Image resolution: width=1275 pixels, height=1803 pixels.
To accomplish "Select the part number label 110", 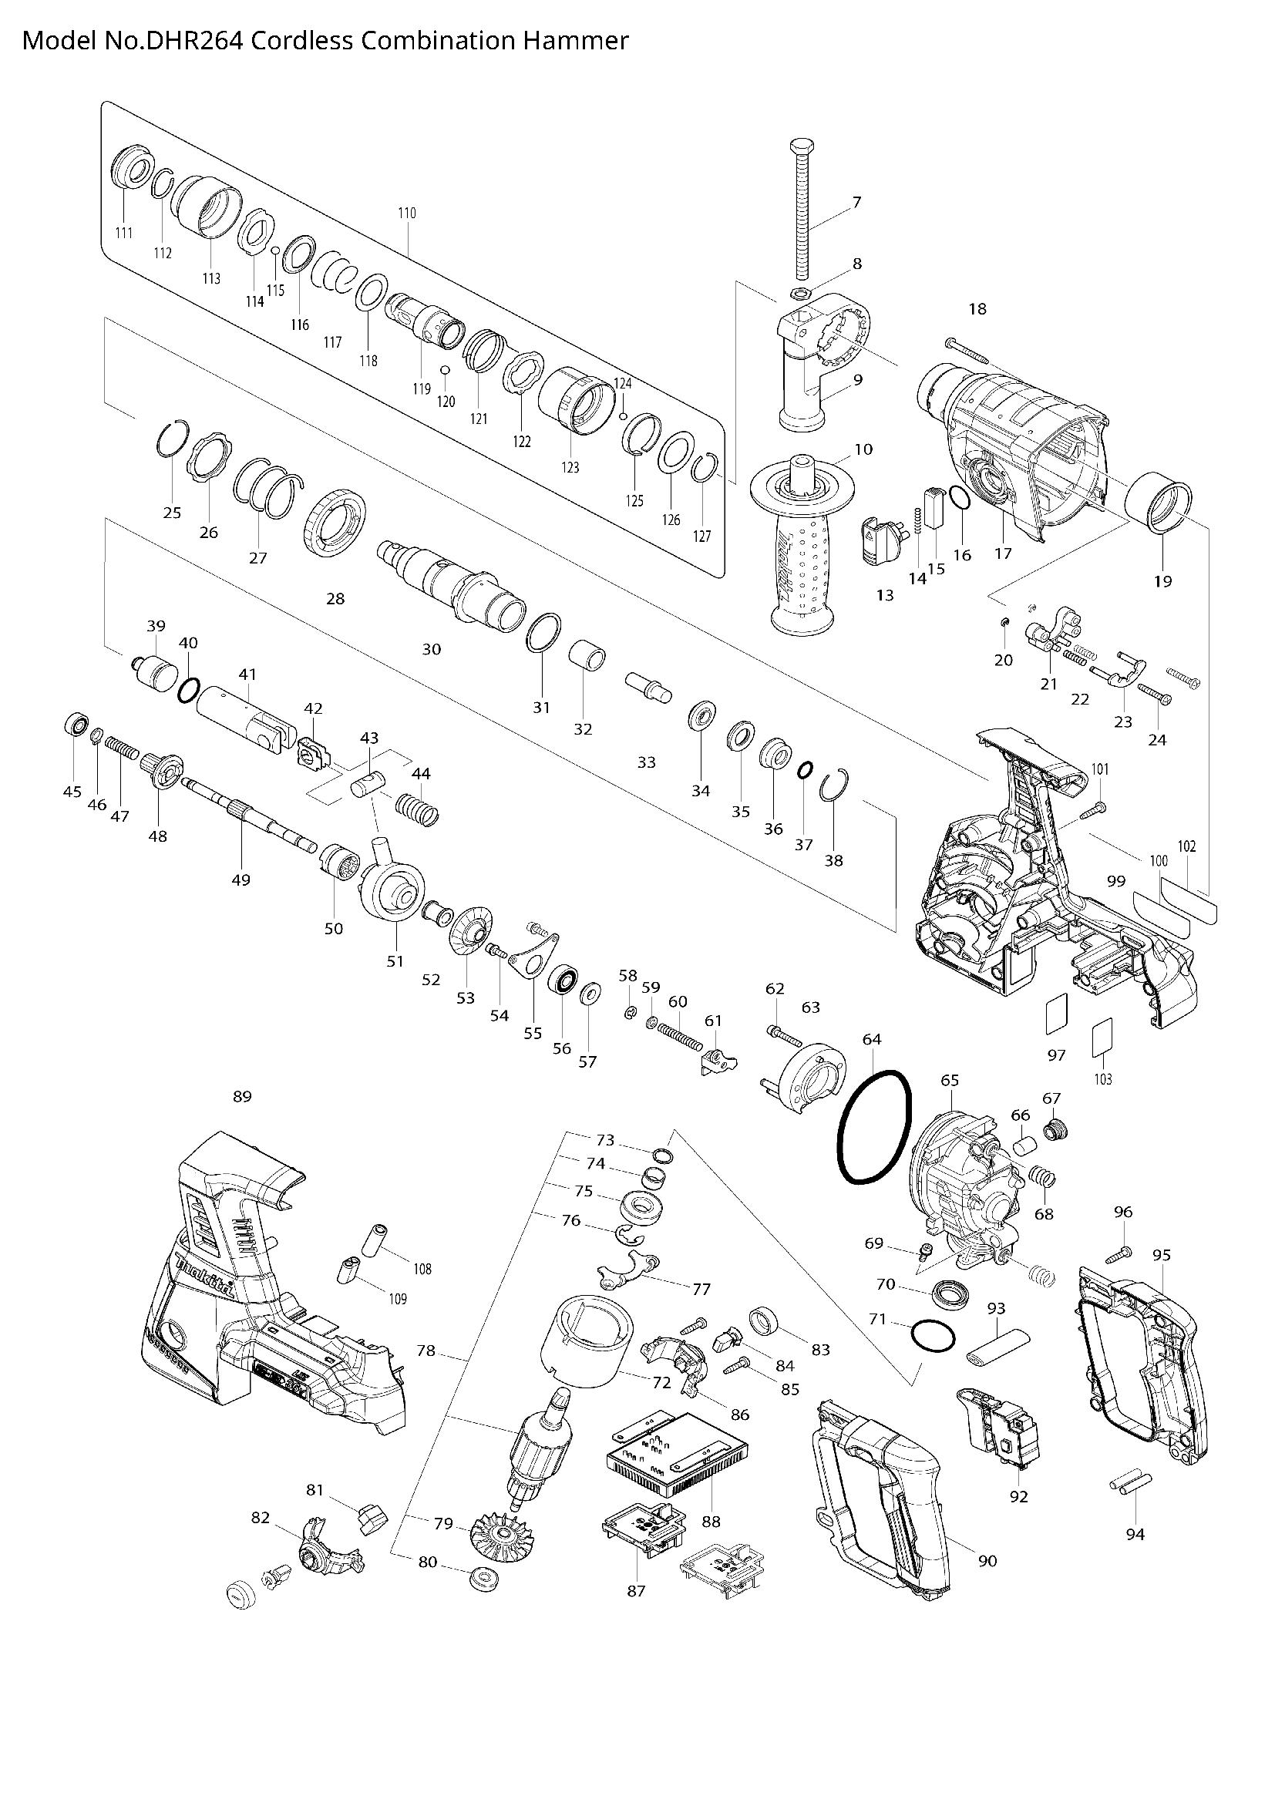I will click(407, 214).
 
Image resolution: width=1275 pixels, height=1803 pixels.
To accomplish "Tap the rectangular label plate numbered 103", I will click(1102, 1040).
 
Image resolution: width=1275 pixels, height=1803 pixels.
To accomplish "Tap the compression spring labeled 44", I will click(419, 809).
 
